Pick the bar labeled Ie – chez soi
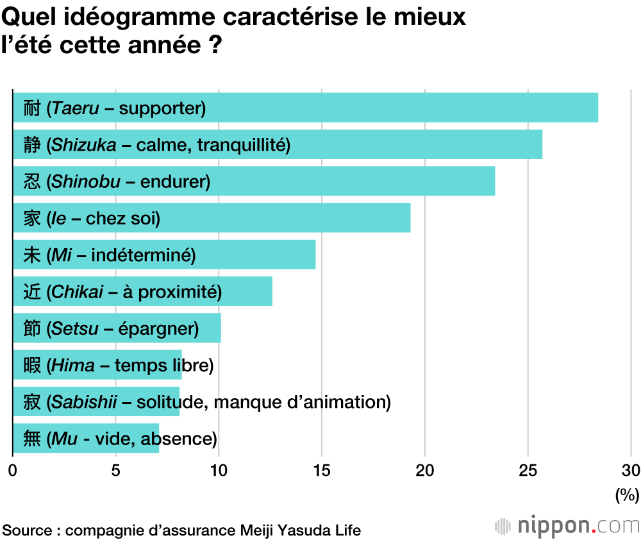[x=288, y=218]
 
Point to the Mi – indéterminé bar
[x=256, y=255]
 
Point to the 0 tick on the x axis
[x=13, y=470]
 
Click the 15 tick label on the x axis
[x=322, y=470]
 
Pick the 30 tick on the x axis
[x=631, y=470]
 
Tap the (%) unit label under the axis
[x=627, y=494]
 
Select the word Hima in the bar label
[x=72, y=366]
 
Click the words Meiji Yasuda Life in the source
[x=300, y=530]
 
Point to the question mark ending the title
[x=215, y=46]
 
